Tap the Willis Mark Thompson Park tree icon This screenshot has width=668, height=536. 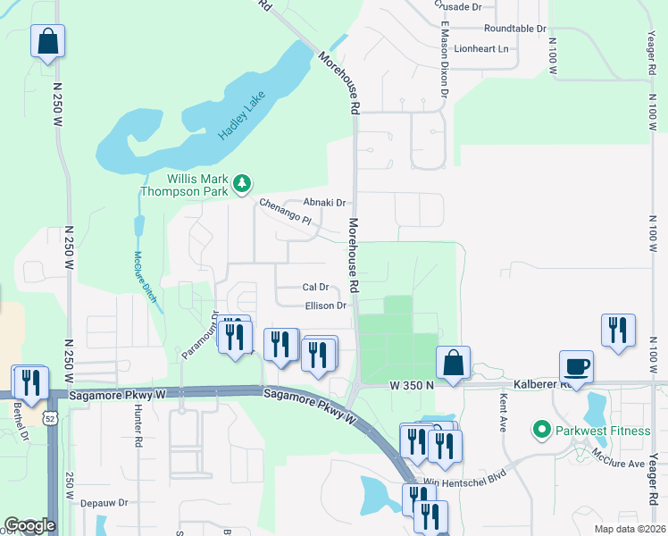click(241, 184)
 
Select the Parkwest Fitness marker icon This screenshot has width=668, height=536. click(540, 431)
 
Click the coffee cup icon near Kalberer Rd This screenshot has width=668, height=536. click(577, 366)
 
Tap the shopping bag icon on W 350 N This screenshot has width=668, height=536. click(454, 364)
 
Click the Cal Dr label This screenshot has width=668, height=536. click(316, 288)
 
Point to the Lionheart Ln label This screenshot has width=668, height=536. click(480, 48)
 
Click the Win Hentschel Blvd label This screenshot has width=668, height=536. click(457, 482)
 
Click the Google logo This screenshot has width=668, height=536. click(29, 526)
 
